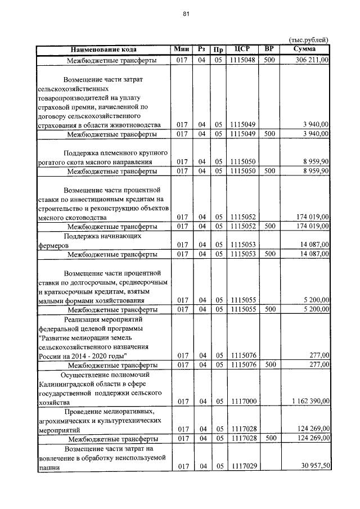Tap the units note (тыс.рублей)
tap(308, 40)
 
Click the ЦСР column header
tap(242, 49)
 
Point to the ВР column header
tap(269, 49)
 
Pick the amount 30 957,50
tap(314, 466)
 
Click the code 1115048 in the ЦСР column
tap(242, 59)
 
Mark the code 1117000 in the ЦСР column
tap(242, 400)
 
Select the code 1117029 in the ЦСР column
tap(242, 466)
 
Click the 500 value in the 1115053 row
tap(269, 254)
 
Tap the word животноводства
tap(133, 125)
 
